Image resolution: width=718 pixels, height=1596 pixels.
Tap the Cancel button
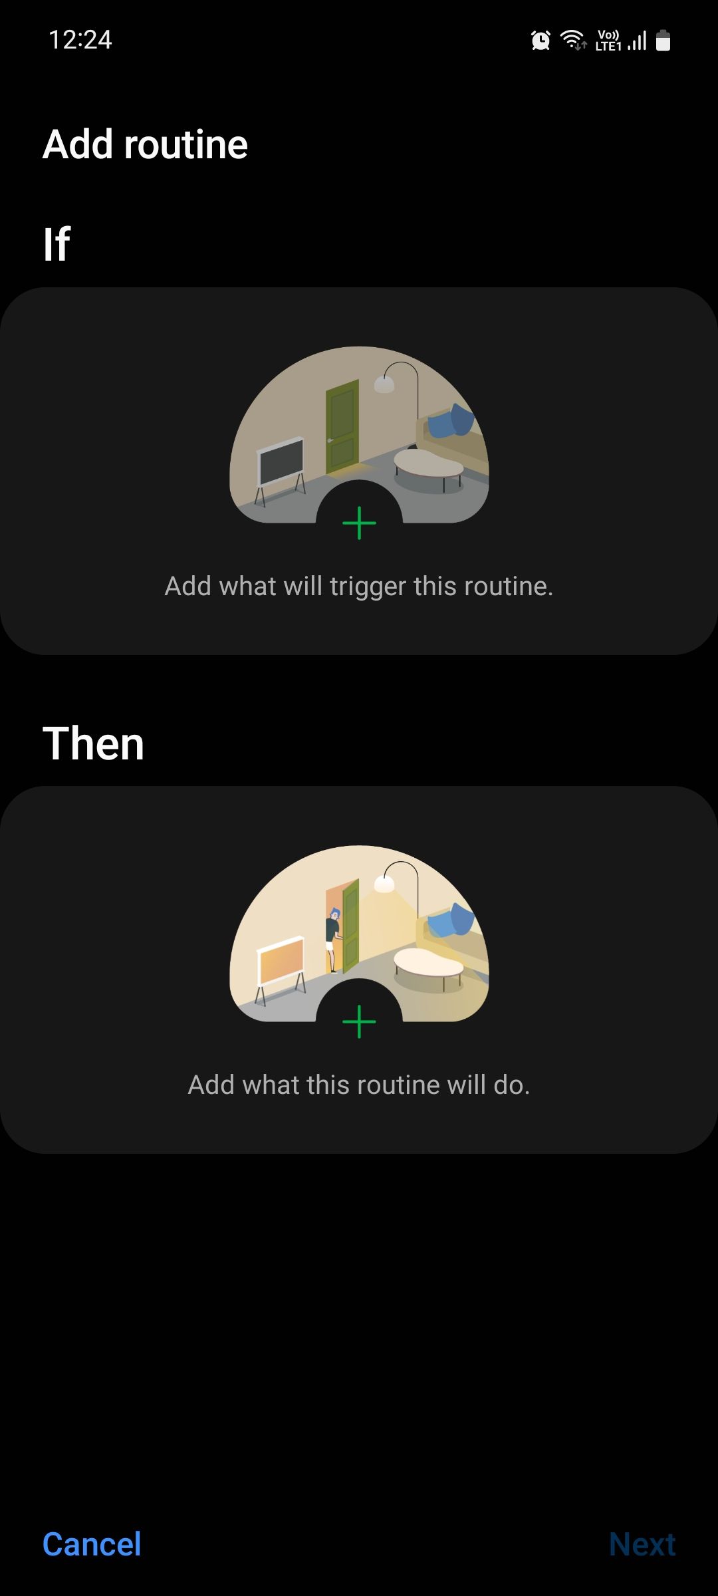pyautogui.click(x=92, y=1544)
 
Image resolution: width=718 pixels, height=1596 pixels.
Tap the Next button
pyautogui.click(x=642, y=1544)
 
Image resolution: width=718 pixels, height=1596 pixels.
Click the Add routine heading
pyautogui.click(x=145, y=144)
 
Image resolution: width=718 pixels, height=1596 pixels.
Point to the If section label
pyautogui.click(x=57, y=244)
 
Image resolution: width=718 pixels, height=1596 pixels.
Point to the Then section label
pyautogui.click(x=93, y=743)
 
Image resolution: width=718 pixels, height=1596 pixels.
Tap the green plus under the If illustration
pyautogui.click(x=359, y=523)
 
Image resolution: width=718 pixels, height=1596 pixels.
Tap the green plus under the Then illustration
pyautogui.click(x=359, y=1021)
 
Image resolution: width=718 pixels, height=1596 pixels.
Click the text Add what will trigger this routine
pyautogui.click(x=359, y=586)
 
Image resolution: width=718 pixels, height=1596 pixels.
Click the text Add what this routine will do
pyautogui.click(x=359, y=1085)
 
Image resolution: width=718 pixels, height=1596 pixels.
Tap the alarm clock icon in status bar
pyautogui.click(x=540, y=41)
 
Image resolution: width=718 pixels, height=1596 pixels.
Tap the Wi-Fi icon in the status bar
pyautogui.click(x=572, y=40)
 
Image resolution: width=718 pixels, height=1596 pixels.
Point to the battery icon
pyautogui.click(x=663, y=41)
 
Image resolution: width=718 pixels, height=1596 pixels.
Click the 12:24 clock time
pyautogui.click(x=80, y=40)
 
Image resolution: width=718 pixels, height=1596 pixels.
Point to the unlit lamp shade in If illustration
pyautogui.click(x=384, y=384)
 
